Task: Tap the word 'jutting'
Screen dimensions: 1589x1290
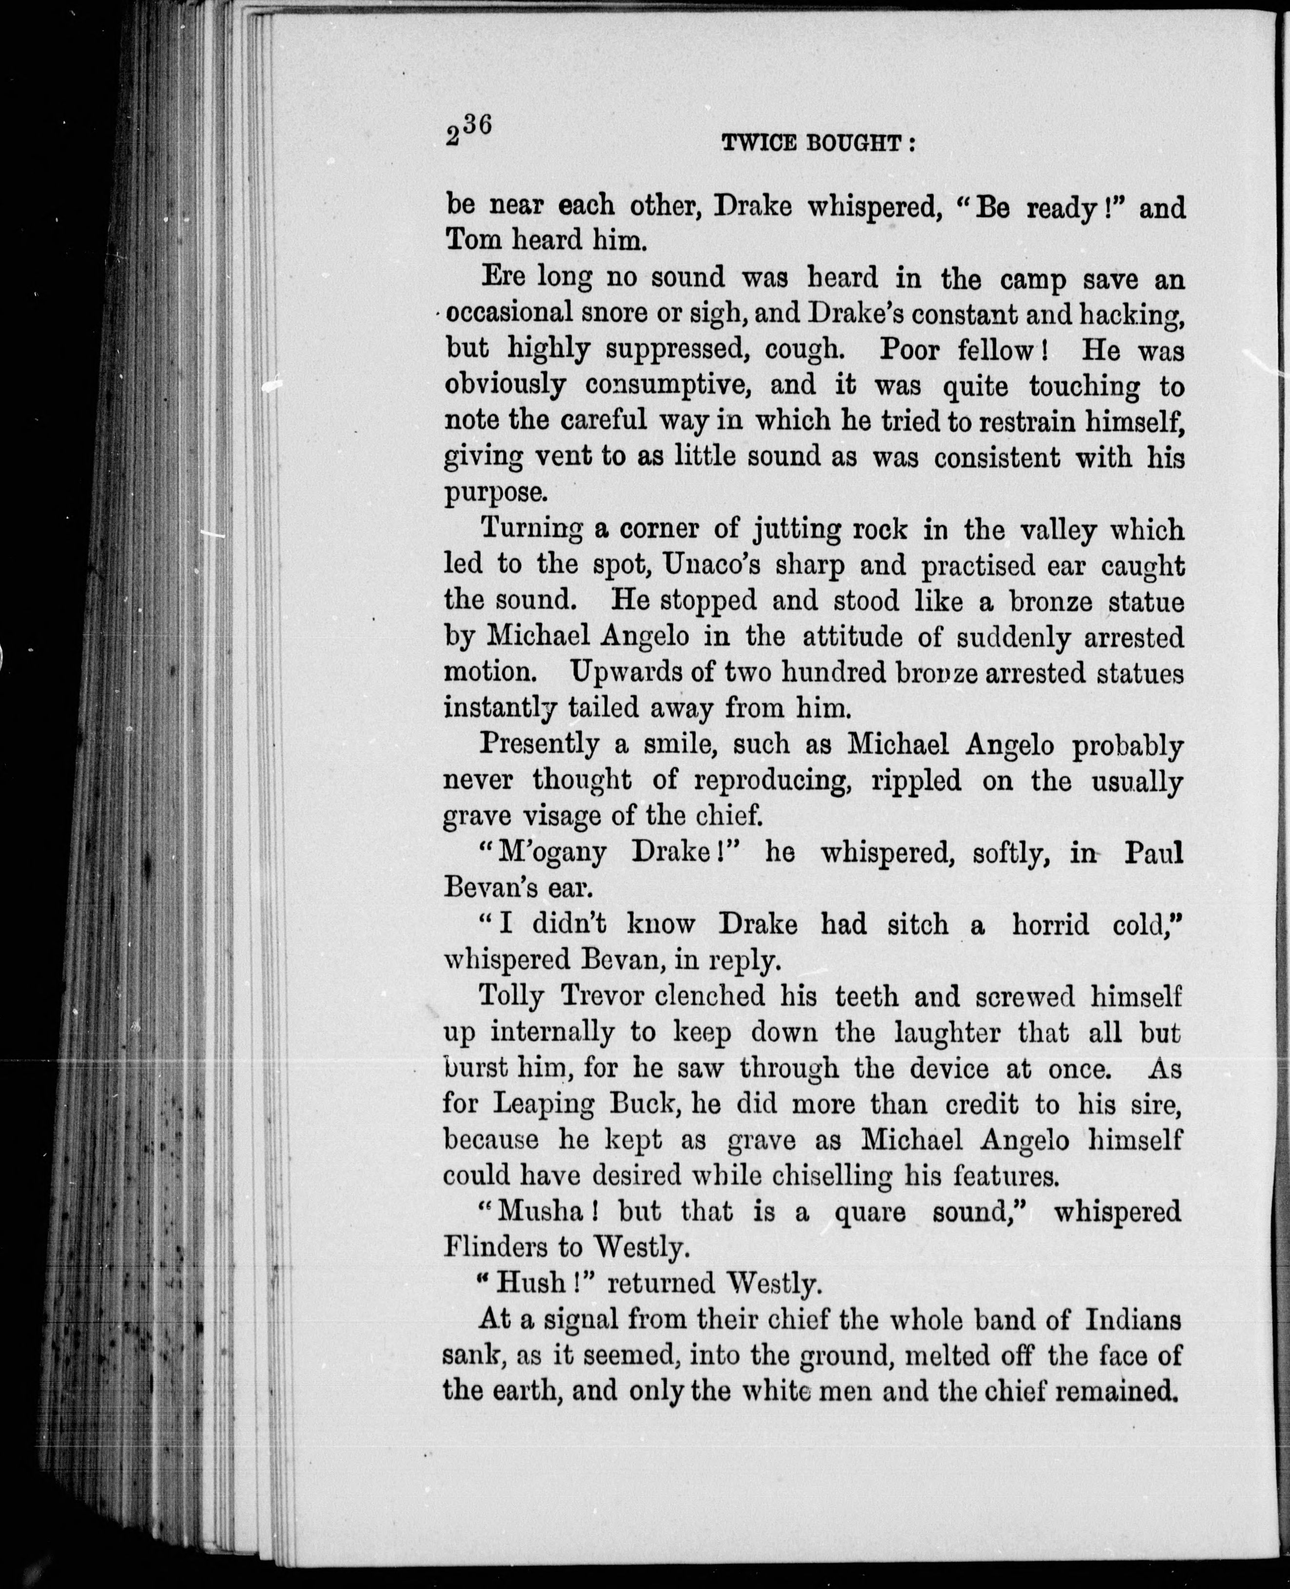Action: [798, 530]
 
